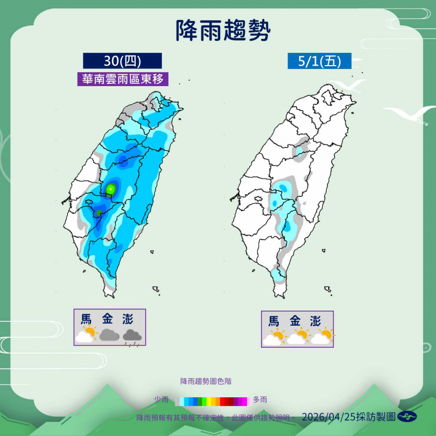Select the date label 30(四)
122,60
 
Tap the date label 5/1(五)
319,61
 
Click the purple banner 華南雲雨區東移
122,79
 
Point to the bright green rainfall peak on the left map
111,188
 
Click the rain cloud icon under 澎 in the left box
132,335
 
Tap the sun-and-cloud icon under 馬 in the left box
86,335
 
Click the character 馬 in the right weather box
274,321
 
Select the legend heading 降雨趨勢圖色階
207,381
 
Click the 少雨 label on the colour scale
161,400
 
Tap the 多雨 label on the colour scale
260,400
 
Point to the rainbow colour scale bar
212,400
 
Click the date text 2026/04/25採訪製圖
349,417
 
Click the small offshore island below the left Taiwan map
156,290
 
